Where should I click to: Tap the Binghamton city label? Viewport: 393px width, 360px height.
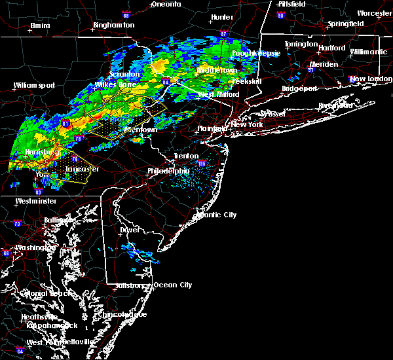click(113, 25)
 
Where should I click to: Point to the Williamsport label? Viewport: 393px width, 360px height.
click(34, 85)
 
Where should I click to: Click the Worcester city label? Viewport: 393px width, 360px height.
click(374, 13)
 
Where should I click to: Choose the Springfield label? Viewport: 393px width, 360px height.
click(347, 24)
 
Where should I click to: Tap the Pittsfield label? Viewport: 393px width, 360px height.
click(292, 4)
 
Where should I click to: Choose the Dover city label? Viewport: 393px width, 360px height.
click(129, 230)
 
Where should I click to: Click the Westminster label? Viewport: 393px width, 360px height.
click(37, 201)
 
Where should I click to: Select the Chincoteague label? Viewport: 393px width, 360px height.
click(124, 314)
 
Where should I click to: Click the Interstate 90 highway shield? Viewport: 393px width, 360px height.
click(280, 15)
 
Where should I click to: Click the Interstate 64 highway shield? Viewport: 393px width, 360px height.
click(21, 351)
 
